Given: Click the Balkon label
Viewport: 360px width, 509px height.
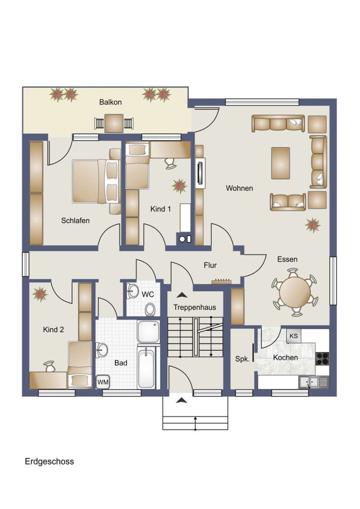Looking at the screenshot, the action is click(x=110, y=102).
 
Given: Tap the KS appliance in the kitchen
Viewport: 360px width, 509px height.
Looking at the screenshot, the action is click(x=294, y=336).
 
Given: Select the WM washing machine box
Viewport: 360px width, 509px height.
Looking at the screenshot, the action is click(x=103, y=382).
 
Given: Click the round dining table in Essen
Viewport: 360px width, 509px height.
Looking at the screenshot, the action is click(x=295, y=292).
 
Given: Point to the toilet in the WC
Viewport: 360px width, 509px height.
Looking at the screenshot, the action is click(x=150, y=309).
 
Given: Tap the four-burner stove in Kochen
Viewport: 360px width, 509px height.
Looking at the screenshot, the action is click(x=322, y=359).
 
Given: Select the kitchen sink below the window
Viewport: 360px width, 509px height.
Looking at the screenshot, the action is click(x=313, y=382).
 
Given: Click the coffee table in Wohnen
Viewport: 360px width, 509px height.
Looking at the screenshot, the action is click(x=280, y=163).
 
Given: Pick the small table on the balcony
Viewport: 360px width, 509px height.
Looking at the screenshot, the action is click(x=114, y=123).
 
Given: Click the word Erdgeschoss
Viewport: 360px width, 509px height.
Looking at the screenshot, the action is click(x=49, y=461).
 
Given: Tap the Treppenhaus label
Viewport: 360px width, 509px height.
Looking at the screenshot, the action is click(x=195, y=307).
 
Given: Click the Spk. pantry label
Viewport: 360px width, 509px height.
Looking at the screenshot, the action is click(x=243, y=359).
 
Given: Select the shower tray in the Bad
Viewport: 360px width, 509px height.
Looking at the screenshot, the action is click(x=148, y=332).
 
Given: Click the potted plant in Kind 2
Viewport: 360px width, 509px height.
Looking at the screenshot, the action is click(x=40, y=294).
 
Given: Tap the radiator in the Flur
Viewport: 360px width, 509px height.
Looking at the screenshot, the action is click(x=221, y=281).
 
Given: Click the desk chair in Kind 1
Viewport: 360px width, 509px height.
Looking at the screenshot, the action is click(x=170, y=163).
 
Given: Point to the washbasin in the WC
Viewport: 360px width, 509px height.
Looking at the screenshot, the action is click(x=132, y=290).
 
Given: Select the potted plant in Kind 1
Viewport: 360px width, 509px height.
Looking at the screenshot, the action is click(x=179, y=186).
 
